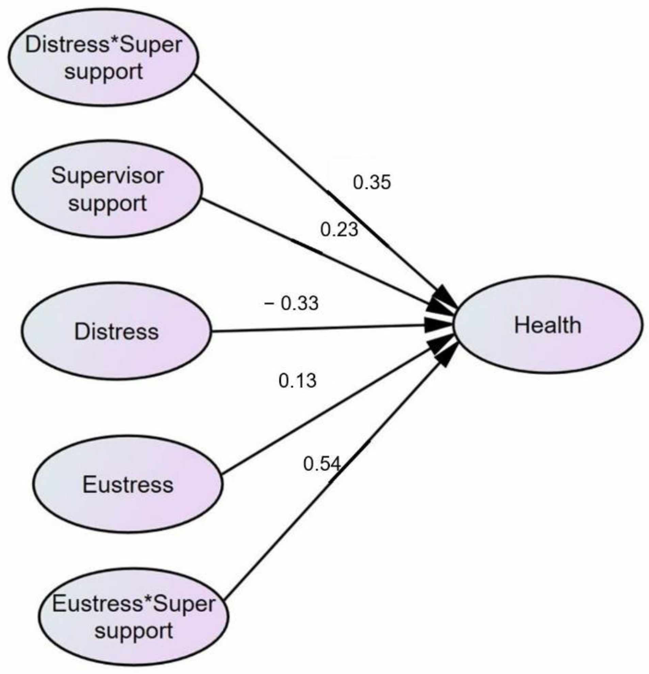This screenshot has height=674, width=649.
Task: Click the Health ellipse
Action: coord(547,325)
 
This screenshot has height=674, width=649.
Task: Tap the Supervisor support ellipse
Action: coord(107,189)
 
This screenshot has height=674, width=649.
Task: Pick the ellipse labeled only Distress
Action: coord(116,331)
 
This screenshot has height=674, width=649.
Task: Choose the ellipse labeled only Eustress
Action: coord(128,485)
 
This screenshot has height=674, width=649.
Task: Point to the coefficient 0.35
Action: coord(372,182)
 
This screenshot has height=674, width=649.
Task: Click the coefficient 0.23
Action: coord(339,230)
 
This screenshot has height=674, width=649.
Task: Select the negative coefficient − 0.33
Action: coord(291,303)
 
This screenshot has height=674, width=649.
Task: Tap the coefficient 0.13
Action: coord(297,381)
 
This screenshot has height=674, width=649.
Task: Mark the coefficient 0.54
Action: coord(322,464)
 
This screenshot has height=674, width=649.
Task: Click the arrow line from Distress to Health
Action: coord(310,328)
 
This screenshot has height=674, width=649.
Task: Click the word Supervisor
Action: coord(107,176)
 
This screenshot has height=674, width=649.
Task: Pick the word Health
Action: coord(547,325)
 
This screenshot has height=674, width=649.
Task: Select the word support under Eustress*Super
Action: coord(134,631)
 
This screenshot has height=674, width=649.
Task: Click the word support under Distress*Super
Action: coord(104,72)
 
